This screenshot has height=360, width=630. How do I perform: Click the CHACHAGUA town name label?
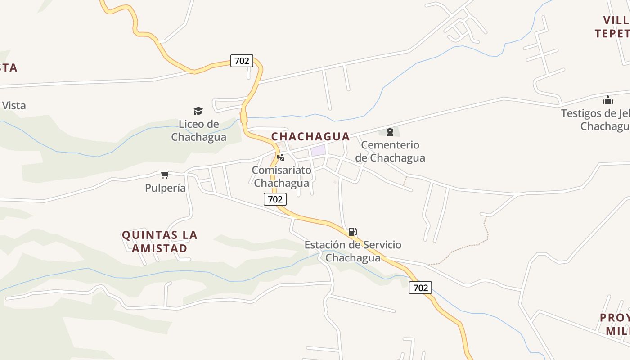[x=310, y=136]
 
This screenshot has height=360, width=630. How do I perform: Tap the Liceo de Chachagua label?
[x=198, y=130]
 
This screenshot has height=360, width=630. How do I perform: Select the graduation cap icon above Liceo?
[x=198, y=111]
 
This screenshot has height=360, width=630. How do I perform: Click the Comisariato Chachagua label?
[x=281, y=176]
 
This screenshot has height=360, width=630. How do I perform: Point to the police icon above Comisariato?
[x=281, y=157]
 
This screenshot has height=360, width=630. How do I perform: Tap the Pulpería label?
[x=165, y=188]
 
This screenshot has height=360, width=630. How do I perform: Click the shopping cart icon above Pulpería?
[x=165, y=175]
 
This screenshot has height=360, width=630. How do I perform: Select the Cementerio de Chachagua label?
[x=390, y=151]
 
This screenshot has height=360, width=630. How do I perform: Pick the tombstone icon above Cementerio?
[x=390, y=132]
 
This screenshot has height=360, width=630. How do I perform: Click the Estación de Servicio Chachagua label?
[x=353, y=251]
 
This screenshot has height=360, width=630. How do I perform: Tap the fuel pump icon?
[x=353, y=232]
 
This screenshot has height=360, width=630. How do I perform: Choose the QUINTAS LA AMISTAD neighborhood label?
[x=160, y=242]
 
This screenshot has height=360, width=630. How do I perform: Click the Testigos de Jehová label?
[x=595, y=119]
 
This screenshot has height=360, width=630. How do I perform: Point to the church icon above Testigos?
[x=608, y=100]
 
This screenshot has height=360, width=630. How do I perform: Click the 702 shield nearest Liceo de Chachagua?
[x=242, y=61]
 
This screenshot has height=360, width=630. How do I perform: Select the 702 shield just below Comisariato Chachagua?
[x=275, y=199]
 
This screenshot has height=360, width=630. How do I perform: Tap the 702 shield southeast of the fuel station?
[x=420, y=288]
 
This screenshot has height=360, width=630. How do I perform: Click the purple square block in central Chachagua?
[x=318, y=150]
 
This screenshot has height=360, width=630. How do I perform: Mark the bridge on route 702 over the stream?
[x=244, y=117]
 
